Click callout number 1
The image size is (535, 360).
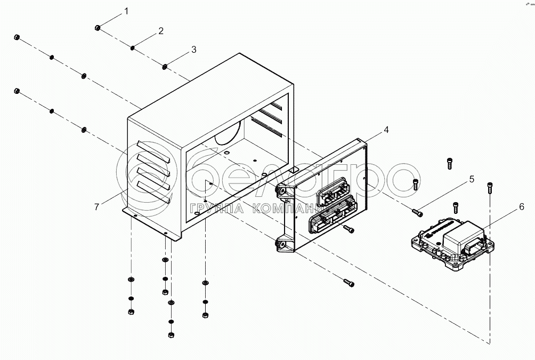pyautogui.click(x=126, y=11)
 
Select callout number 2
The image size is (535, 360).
pyautogui.click(x=160, y=31)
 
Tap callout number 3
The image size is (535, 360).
pyautogui.click(x=193, y=50)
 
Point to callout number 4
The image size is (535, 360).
pyautogui.click(x=386, y=129)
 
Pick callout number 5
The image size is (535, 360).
pyautogui.click(x=471, y=180)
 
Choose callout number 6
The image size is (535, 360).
pyautogui.click(x=521, y=206)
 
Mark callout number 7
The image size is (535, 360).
pyautogui.click(x=96, y=207)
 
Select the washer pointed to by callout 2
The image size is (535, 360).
pyautogui.click(x=132, y=49)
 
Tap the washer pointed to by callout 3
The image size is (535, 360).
pyautogui.click(x=165, y=67)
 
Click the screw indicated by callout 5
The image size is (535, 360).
pyautogui.click(x=417, y=213)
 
